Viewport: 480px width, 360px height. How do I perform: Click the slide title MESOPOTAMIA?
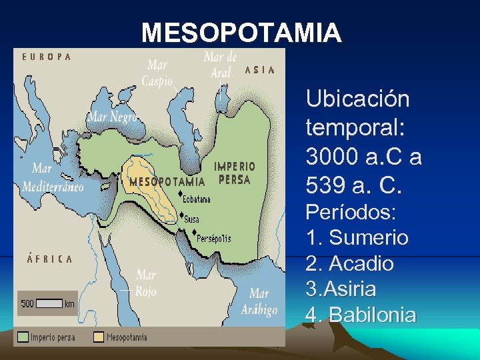[241, 32]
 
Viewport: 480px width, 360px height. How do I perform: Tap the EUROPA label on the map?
[47, 57]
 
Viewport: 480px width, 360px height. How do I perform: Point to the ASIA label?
[260, 70]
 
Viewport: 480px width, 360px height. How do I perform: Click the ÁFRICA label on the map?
[50, 259]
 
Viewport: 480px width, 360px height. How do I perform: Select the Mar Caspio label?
[157, 73]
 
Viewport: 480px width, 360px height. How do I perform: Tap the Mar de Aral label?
[220, 64]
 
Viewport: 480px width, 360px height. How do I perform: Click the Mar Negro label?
[112, 117]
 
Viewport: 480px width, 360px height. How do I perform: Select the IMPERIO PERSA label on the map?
[234, 173]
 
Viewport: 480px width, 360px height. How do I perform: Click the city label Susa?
[191, 219]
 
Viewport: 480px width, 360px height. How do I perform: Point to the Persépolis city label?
[213, 238]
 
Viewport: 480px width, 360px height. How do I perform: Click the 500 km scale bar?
[49, 304]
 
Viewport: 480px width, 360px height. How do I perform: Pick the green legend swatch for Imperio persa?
[23, 337]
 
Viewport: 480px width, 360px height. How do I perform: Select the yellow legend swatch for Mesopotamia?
[99, 337]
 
